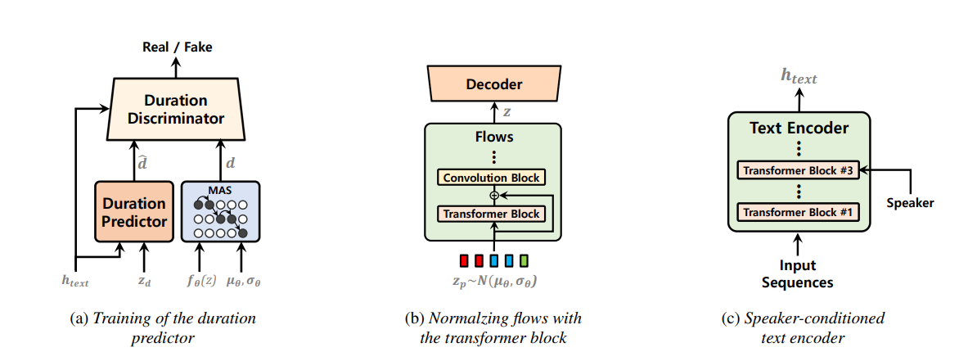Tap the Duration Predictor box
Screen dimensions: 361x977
pos(134,211)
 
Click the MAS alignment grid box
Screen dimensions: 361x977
pos(219,211)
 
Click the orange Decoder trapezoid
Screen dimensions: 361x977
pos(493,84)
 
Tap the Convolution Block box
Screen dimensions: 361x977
pos(493,177)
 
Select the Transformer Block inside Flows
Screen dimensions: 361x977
pos(492,214)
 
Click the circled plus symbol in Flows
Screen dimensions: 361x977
pos(493,196)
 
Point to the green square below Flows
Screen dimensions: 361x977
pos(524,261)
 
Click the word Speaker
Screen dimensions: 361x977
pos(911,203)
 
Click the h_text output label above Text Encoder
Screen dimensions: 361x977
pos(798,78)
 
